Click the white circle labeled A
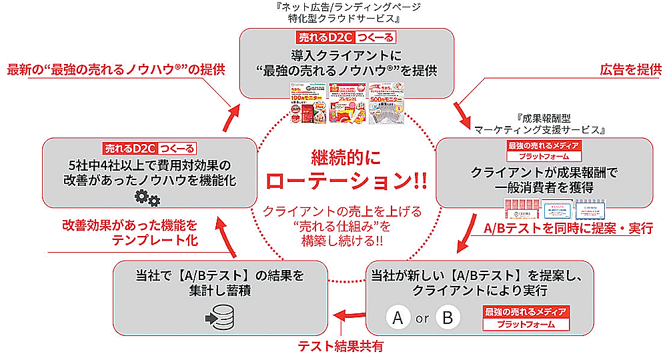point(398,318)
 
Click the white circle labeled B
point(448,318)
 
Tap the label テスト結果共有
point(340,346)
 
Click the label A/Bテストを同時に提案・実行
point(573,227)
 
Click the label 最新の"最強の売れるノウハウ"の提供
point(116,69)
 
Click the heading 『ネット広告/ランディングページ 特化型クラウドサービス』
point(347,12)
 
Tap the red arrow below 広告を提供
point(462,111)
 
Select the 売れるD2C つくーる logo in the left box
point(153,147)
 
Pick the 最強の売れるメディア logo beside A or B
point(527,317)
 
